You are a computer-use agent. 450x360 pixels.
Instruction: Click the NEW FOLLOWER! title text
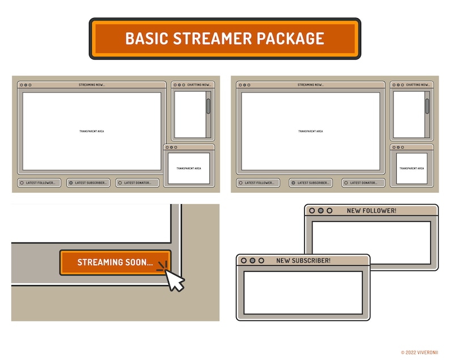pyautogui.click(x=371, y=211)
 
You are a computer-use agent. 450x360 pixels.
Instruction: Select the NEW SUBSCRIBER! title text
pyautogui.click(x=303, y=261)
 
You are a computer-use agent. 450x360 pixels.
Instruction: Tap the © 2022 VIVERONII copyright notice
pyautogui.click(x=420, y=352)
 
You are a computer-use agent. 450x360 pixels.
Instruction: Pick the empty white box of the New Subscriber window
pyautogui.click(x=303, y=293)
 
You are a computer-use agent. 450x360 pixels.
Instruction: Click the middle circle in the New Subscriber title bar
pyautogui.click(x=253, y=261)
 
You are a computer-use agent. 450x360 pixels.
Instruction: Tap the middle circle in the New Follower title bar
pyautogui.click(x=320, y=211)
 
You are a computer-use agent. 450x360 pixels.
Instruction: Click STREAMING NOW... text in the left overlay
pyautogui.click(x=92, y=85)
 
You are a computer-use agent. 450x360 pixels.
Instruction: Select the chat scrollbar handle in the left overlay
pyautogui.click(x=208, y=106)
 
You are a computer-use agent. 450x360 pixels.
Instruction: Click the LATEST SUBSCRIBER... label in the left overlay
pyautogui.click(x=91, y=183)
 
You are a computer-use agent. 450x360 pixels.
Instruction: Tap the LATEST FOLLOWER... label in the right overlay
pyautogui.click(x=258, y=183)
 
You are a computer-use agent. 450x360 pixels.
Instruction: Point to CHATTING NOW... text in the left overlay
pyautogui.click(x=199, y=85)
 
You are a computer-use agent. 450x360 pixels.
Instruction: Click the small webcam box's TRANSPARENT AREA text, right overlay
pyautogui.click(x=411, y=168)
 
